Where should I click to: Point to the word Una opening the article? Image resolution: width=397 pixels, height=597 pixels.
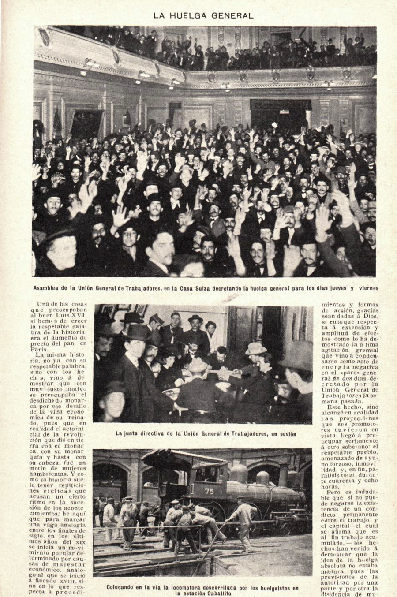[45, 304]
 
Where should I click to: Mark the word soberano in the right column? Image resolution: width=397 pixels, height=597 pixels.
[347, 446]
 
